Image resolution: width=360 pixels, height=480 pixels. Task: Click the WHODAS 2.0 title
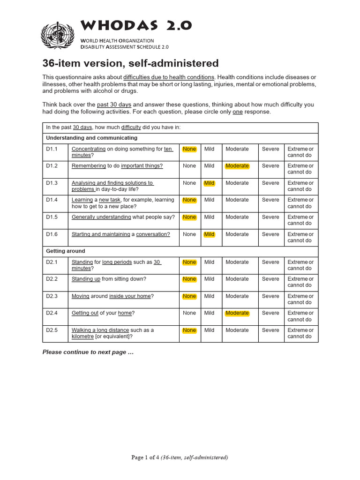click(x=136, y=25)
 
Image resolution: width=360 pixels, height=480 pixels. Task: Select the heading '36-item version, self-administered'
click(x=130, y=63)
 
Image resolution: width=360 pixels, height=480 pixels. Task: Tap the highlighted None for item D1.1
click(x=189, y=149)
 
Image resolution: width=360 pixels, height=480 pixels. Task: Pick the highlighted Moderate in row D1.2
click(x=237, y=166)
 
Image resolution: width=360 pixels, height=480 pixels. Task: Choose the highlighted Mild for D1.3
click(x=209, y=183)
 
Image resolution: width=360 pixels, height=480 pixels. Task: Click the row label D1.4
click(x=52, y=200)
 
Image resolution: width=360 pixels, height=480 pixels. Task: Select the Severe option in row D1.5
click(x=270, y=217)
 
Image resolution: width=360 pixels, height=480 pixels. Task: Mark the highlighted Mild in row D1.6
click(x=209, y=234)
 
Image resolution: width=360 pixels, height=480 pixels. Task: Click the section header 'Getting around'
click(x=66, y=251)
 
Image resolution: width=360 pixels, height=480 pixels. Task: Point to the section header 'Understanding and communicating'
click(x=91, y=138)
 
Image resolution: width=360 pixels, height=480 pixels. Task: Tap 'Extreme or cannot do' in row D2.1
click(x=300, y=265)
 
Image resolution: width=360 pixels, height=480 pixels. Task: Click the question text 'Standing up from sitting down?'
click(x=109, y=279)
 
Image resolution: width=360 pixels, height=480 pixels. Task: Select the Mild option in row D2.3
click(x=209, y=296)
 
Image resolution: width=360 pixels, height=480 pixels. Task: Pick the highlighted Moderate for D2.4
click(x=237, y=313)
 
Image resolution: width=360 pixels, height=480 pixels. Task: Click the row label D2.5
click(x=52, y=330)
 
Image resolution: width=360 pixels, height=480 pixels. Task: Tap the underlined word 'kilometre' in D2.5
click(x=82, y=337)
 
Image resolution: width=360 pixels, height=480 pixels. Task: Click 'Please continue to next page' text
click(x=88, y=352)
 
